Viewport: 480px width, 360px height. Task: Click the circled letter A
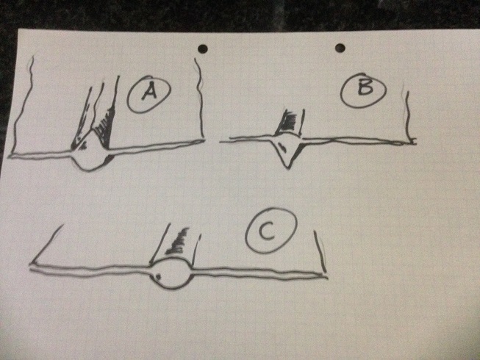coord(148,96)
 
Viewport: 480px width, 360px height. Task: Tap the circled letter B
coord(363,90)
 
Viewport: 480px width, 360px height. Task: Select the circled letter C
coord(271,231)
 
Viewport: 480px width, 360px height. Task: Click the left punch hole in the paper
coord(203,48)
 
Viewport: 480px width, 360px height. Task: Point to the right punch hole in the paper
coord(340,48)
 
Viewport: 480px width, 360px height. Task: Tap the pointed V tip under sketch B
coord(287,167)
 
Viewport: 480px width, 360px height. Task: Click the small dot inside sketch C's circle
coord(158,277)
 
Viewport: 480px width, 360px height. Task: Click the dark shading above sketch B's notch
coord(287,122)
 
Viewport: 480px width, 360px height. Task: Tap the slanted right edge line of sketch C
coord(319,251)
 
